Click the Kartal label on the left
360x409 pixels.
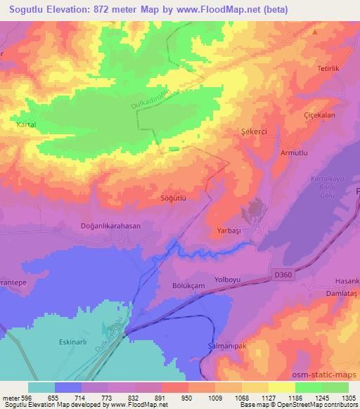click(26, 124)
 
